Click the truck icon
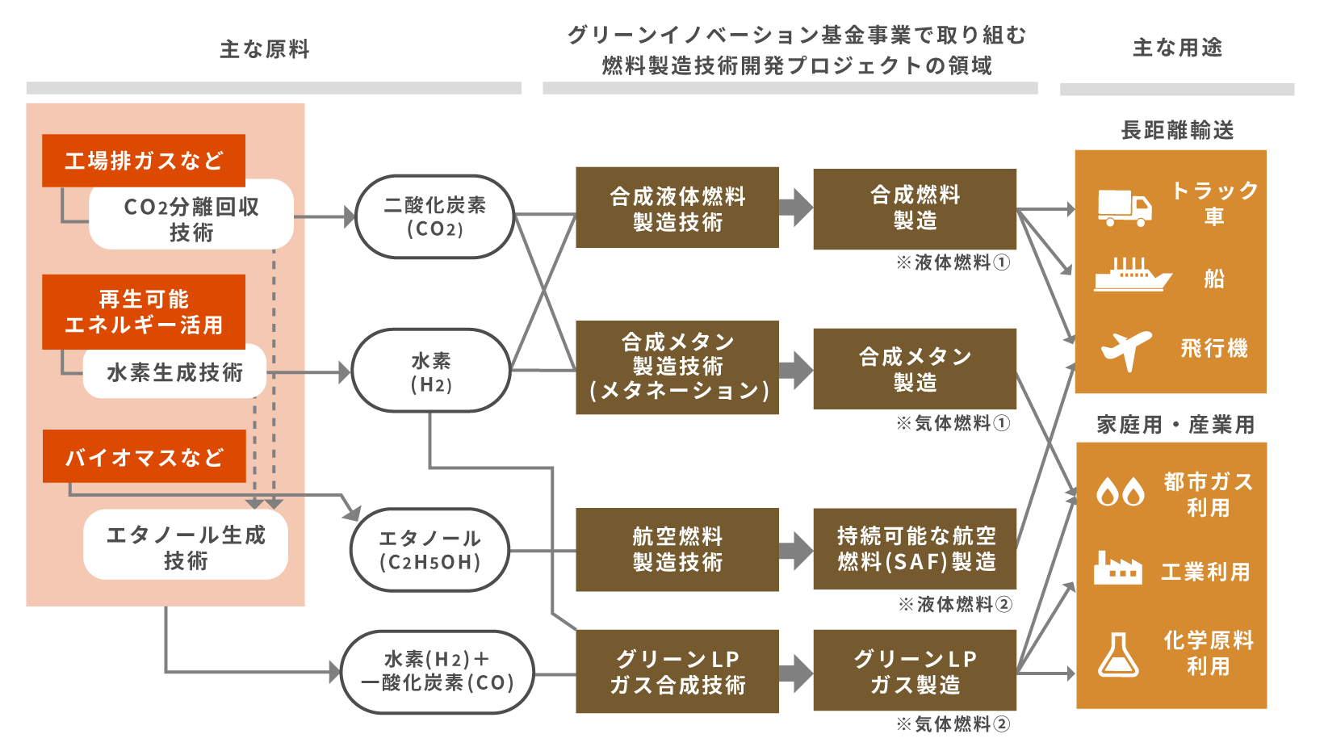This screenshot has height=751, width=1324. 1124,208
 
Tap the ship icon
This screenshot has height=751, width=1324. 1132,275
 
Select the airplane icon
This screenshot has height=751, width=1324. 1126,349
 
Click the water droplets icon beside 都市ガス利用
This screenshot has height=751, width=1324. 1121,491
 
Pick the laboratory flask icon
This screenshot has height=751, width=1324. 1118,654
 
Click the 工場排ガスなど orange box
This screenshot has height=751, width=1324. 144,161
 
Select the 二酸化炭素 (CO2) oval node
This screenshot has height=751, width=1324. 434,216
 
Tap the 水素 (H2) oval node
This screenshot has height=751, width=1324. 431,371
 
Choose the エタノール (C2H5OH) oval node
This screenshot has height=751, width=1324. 429,550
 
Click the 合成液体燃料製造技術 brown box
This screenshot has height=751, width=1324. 677,208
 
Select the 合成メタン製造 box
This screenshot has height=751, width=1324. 915,369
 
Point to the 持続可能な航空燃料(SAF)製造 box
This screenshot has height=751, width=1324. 915,549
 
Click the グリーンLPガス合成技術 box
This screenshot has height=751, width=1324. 677,672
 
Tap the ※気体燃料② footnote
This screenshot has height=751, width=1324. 953,724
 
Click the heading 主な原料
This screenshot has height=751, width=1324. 265,49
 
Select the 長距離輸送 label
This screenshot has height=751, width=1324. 1177,130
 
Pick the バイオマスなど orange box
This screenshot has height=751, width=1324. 144,457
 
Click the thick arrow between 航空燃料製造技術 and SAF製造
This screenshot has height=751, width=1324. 796,550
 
